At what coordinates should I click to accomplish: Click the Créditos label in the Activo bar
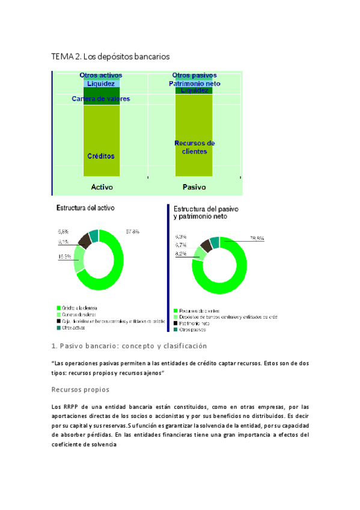tap(100, 156)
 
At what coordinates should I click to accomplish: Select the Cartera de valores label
tap(100, 99)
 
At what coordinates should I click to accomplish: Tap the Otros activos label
tap(100, 75)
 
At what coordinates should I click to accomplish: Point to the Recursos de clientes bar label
tap(194, 147)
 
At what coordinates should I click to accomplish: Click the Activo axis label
tap(101, 187)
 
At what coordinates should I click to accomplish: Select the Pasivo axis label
tap(194, 187)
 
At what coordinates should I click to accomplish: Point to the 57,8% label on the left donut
tap(132, 231)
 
